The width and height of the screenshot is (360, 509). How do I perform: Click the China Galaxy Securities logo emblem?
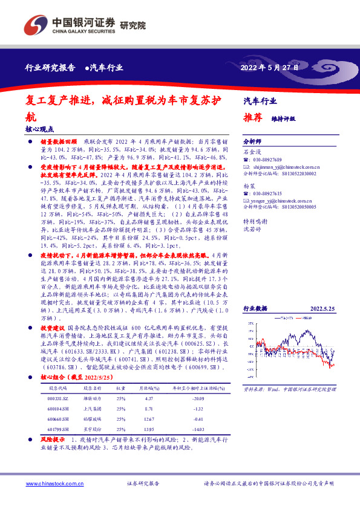point(37,23)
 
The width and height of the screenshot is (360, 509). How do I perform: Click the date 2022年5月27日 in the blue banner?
point(270,68)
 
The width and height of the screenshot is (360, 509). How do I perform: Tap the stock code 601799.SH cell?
point(59,429)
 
